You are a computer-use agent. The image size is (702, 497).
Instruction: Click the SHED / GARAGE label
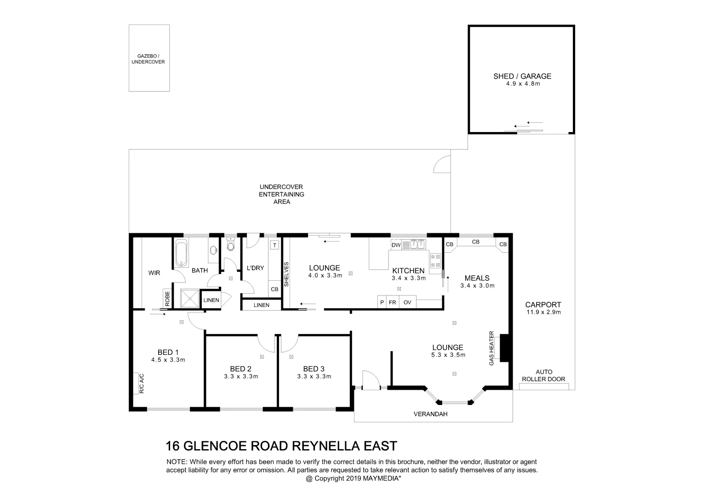pos(522,76)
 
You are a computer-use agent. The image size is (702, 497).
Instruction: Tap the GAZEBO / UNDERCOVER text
pos(148,59)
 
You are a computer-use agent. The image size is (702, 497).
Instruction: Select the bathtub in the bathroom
pos(182,253)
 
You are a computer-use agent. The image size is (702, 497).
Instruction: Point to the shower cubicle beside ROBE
pos(189,298)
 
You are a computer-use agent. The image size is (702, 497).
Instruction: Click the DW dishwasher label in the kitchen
pos(396,245)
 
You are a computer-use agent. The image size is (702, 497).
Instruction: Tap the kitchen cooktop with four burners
pos(435,261)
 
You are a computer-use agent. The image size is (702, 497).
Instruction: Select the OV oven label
pos(407,302)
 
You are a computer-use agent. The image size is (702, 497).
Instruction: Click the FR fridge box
pos(393,302)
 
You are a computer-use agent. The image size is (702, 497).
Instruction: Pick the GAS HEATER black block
pos(503,348)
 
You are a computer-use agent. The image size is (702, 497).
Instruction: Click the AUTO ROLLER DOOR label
pos(544,376)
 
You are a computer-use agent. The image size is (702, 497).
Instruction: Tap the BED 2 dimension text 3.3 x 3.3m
pos(240,376)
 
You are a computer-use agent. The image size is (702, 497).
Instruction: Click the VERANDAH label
pos(430,414)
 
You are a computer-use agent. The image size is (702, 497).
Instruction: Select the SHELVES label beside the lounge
pos(286,275)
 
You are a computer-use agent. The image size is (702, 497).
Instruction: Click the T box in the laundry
pos(274,245)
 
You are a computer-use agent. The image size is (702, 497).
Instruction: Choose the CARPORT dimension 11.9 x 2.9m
pos(543,312)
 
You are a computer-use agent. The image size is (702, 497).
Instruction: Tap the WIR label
pos(154,273)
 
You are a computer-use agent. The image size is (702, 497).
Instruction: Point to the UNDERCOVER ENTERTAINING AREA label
pos(281,194)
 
